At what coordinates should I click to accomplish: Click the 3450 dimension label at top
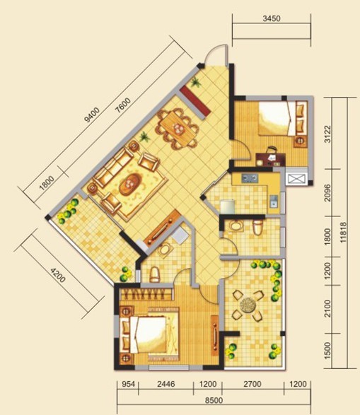(x=272, y=18)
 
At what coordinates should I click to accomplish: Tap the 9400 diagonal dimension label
(x=91, y=115)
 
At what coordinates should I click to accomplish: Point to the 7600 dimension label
(x=123, y=105)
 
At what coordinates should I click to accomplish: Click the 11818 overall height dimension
(x=343, y=233)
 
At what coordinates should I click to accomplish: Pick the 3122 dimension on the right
(x=327, y=134)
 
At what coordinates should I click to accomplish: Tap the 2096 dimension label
(x=327, y=193)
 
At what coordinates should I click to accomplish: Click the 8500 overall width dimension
(x=214, y=400)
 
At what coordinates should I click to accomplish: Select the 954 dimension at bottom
(x=128, y=384)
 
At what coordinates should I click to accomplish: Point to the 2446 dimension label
(x=166, y=384)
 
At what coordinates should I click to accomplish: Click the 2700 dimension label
(x=252, y=384)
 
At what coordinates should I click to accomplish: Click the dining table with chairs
(x=178, y=129)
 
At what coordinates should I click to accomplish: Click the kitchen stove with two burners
(x=250, y=178)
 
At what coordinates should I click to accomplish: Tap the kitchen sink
(x=274, y=201)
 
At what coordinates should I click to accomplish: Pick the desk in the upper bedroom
(x=270, y=160)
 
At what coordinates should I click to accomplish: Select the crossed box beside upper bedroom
(x=296, y=179)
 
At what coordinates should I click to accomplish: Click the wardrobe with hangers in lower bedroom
(x=146, y=294)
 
